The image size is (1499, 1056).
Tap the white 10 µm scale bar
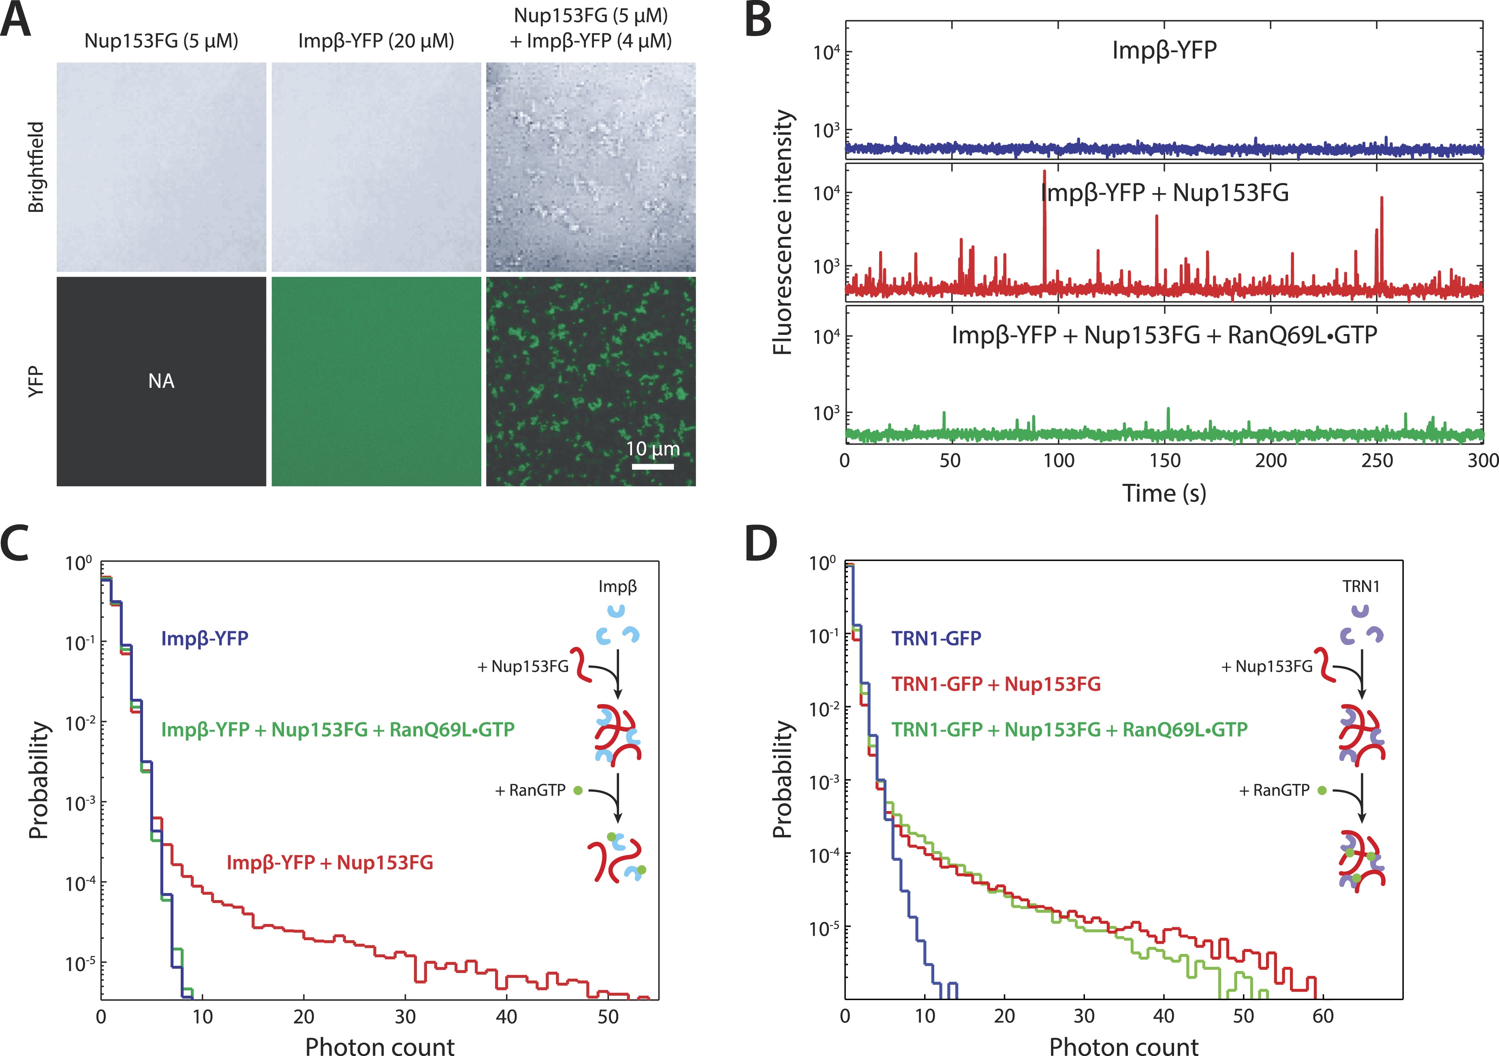pos(652,466)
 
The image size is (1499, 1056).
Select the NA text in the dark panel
pos(161,381)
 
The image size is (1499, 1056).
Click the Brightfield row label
pos(36,167)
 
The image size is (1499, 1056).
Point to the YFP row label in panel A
pos(36,381)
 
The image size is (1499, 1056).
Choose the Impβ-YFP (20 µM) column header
pos(376,41)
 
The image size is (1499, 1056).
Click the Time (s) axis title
pos(1164,493)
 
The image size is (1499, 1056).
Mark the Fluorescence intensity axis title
pos(782,232)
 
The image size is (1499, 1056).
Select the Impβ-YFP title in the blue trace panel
pos(1164,50)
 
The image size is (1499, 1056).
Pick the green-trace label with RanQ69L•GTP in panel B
pos(1164,335)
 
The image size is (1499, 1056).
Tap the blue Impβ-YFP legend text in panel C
pos(205,638)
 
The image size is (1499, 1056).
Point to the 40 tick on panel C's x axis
pos(507,1017)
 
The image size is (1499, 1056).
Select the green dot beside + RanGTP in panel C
pos(578,790)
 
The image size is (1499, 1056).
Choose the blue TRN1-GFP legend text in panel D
pos(936,638)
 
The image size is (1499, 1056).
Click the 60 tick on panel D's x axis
pos(1324,1017)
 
